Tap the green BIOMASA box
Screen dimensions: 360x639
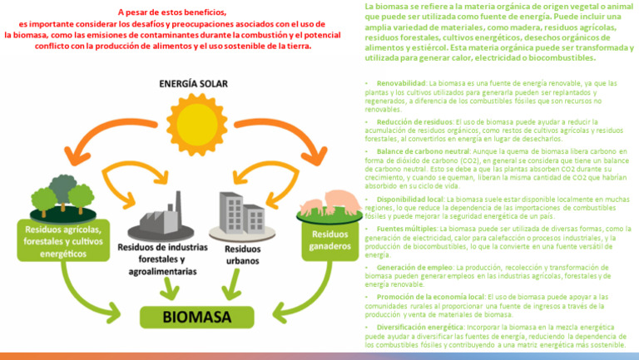(196, 317)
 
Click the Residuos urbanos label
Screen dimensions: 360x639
(242, 254)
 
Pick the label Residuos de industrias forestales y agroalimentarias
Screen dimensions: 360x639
(157, 259)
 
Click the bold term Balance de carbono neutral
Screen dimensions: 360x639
(424, 152)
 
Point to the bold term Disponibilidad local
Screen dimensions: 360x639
(410, 200)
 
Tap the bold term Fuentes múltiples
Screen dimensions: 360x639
(406, 228)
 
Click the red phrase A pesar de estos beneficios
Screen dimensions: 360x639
(171, 12)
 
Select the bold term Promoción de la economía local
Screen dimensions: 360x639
(430, 296)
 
